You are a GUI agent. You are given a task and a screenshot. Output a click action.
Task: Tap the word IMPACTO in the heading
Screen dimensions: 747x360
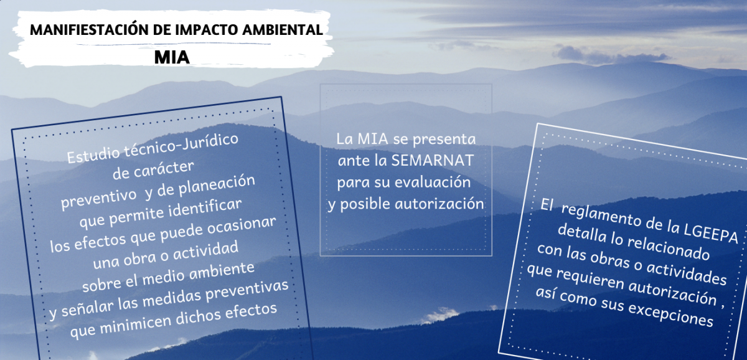[207, 30]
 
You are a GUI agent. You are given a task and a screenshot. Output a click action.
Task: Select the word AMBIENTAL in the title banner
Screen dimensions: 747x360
[283, 30]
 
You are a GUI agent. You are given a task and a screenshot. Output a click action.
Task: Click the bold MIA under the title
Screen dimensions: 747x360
[172, 57]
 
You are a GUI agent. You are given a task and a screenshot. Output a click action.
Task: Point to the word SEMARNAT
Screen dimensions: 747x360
[432, 161]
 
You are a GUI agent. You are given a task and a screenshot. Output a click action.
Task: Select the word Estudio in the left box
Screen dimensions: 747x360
[93, 155]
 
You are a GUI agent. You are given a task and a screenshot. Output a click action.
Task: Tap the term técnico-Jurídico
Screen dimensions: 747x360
[181, 144]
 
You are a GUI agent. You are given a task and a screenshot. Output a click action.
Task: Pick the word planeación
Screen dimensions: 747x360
[217, 185]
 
